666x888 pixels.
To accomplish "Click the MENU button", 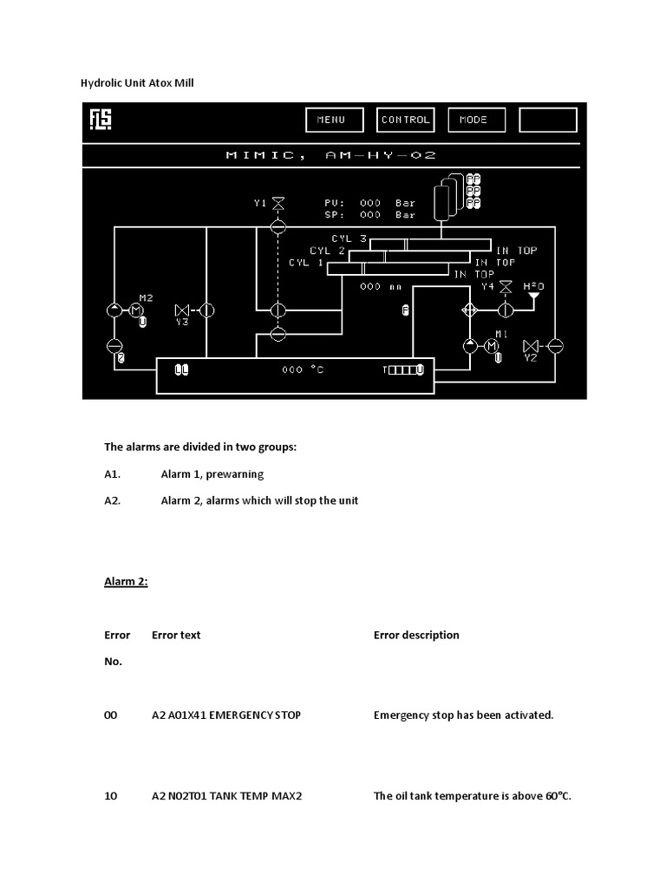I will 330,120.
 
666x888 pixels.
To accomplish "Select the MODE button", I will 473,120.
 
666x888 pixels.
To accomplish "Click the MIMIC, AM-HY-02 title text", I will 330,155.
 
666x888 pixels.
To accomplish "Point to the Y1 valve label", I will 260,203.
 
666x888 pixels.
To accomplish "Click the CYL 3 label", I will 349,238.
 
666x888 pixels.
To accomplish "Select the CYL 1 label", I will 305,262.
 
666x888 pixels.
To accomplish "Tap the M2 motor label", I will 146,297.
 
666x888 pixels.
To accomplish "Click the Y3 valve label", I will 182,323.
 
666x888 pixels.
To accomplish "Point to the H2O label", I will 533,285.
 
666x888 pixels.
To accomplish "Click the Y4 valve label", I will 487,285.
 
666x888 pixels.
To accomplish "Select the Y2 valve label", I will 531,357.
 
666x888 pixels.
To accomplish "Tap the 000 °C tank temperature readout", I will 303,369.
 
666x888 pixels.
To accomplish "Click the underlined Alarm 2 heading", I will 126,582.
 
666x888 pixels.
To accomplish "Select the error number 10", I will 111,795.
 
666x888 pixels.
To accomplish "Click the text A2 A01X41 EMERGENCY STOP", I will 226,715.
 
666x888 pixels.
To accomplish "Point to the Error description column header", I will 416,635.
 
